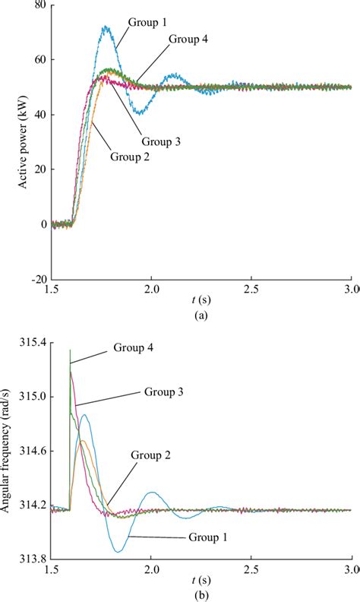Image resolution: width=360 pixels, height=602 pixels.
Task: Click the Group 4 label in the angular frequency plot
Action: (x=137, y=347)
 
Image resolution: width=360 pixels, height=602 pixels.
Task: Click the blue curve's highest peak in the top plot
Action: (x=107, y=27)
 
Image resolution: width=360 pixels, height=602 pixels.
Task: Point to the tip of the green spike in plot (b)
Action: (x=70, y=350)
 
